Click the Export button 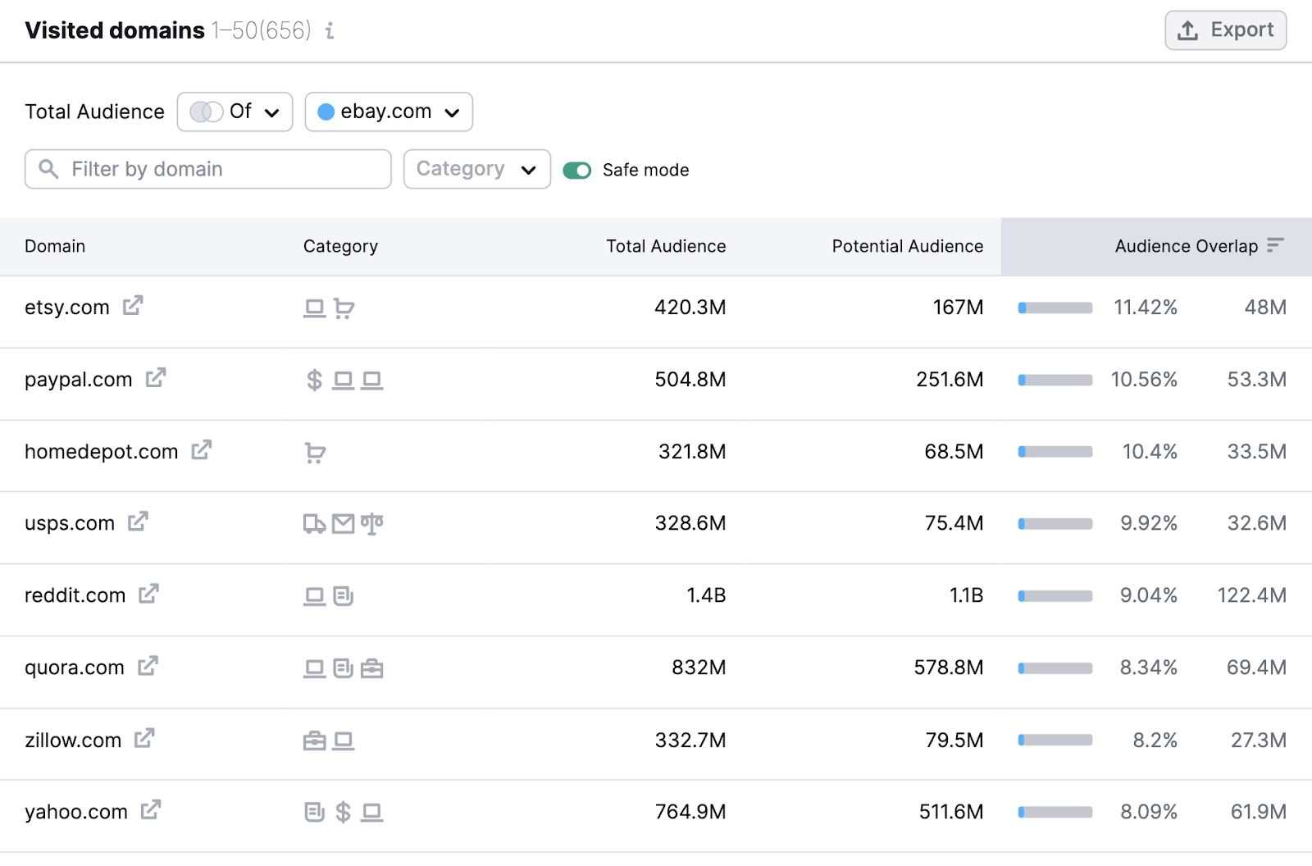click(1225, 30)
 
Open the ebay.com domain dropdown click(389, 112)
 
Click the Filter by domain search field click(208, 169)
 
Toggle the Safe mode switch click(577, 171)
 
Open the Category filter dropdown click(476, 169)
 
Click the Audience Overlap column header click(1186, 246)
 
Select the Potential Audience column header click(907, 246)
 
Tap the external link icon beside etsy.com click(133, 306)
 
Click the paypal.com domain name click(78, 380)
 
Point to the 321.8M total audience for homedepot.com click(691, 452)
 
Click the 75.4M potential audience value click(954, 523)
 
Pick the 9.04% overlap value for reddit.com click(1148, 595)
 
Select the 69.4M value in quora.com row click(1256, 668)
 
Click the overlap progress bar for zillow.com click(1055, 740)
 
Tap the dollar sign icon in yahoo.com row click(344, 812)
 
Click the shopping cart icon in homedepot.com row click(315, 453)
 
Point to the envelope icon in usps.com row click(344, 524)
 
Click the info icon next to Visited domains click(330, 31)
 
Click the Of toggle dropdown click(235, 112)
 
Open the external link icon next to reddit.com click(148, 594)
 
